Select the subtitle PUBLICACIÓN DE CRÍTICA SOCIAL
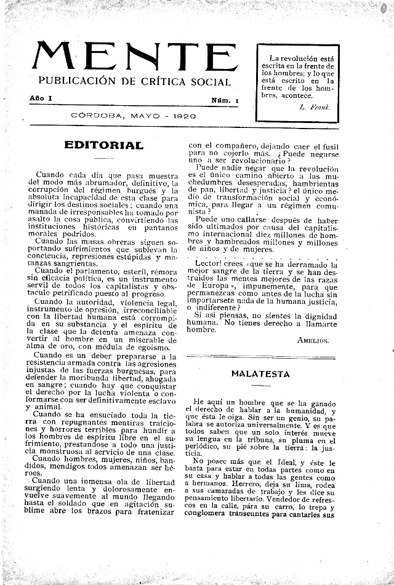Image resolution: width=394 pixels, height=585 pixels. coord(135,82)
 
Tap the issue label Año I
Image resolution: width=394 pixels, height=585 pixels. coord(41,98)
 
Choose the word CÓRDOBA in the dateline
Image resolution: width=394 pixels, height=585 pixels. coord(94,116)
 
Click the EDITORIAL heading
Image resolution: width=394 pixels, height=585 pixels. coord(103,146)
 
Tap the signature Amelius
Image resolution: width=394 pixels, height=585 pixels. coord(313,339)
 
